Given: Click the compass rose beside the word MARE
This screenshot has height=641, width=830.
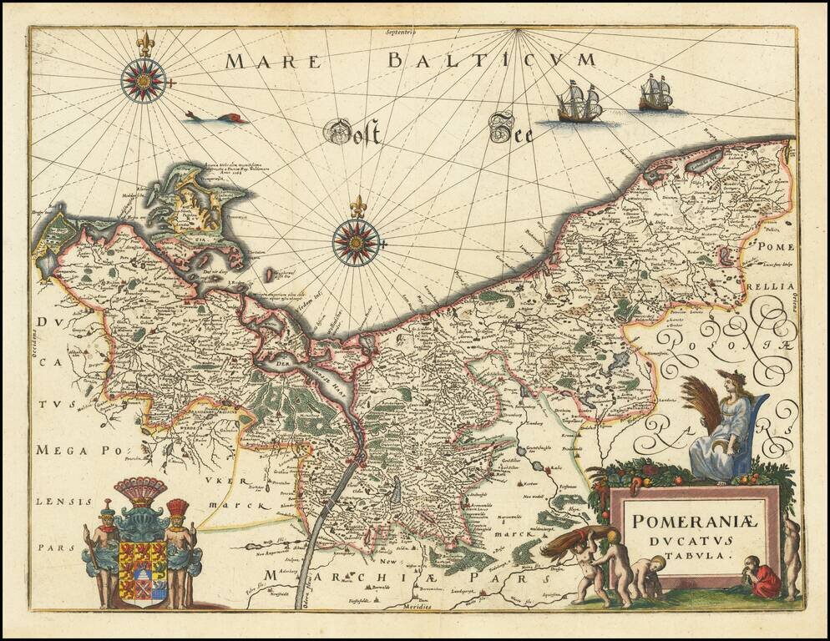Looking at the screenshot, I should [144, 80].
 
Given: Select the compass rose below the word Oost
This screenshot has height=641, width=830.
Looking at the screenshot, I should [357, 241].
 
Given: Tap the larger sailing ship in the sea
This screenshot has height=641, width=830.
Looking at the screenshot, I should [579, 102].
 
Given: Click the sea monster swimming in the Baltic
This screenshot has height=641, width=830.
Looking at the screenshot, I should [217, 118].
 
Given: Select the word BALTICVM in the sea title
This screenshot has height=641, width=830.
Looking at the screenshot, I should [493, 60].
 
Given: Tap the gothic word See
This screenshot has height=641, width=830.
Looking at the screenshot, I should [511, 128].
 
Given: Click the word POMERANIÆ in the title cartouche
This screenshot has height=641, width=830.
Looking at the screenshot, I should [693, 522].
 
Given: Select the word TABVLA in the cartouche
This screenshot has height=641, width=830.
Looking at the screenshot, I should [693, 553].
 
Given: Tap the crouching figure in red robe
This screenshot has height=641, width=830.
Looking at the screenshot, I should [761, 577].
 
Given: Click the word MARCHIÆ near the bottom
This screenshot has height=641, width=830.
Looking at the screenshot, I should [313, 576].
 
